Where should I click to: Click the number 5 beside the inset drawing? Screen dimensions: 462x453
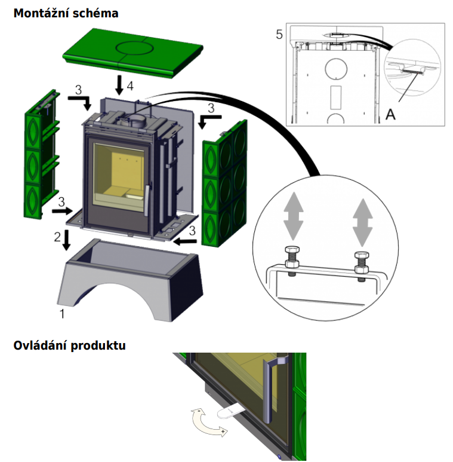click(x=279, y=34)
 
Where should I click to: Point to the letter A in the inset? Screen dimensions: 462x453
click(x=390, y=115)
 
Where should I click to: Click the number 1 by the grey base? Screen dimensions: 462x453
click(x=61, y=312)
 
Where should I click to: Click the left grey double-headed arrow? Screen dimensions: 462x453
click(x=292, y=219)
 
